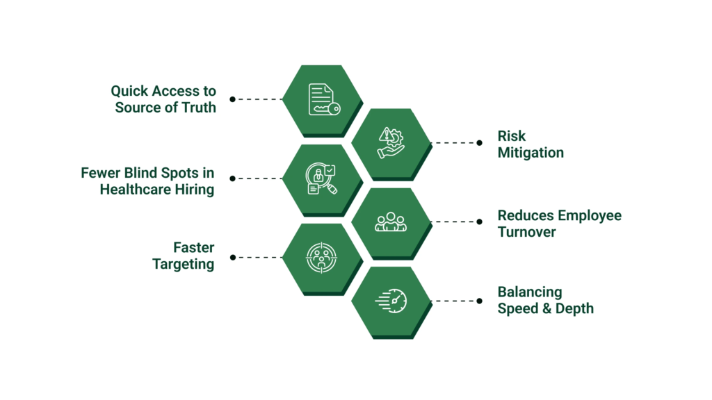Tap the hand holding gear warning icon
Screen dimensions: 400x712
point(391,143)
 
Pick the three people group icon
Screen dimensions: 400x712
point(391,222)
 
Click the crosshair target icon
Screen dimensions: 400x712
point(322,258)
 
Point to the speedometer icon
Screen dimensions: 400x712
point(391,301)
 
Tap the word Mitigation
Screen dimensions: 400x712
point(531,153)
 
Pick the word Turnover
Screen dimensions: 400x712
point(526,232)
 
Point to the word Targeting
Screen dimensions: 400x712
point(184,265)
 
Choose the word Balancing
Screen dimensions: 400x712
point(530,292)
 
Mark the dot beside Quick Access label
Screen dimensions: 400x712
point(233,99)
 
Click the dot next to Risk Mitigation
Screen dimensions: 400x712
point(479,143)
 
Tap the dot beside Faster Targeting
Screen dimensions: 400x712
point(233,258)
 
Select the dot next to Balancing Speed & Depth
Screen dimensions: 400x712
point(479,301)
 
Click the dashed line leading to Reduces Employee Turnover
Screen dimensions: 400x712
point(455,222)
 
